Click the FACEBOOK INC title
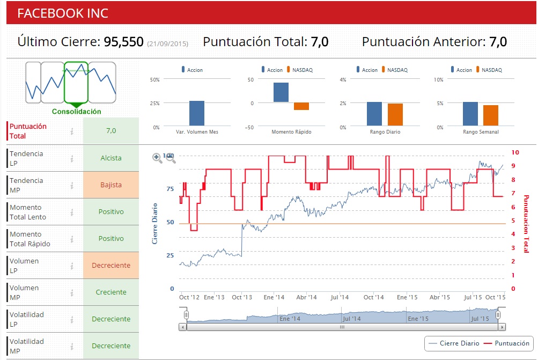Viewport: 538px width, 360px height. (x=63, y=13)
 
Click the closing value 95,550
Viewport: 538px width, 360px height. (x=123, y=42)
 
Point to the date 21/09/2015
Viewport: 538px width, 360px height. (x=167, y=43)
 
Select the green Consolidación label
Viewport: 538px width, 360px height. (x=76, y=112)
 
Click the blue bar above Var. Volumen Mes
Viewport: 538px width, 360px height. (x=197, y=113)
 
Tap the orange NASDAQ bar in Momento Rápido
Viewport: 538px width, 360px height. (x=301, y=106)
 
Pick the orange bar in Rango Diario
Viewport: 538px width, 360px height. (x=395, y=114)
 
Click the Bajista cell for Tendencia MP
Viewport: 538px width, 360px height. (x=111, y=185)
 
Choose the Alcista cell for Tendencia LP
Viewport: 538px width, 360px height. (x=111, y=158)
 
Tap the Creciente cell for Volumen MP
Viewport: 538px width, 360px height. (x=111, y=292)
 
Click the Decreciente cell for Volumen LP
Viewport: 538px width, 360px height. (x=111, y=266)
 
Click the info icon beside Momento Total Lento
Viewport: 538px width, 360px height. (x=71, y=212)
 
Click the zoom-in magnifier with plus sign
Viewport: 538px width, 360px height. (x=157, y=158)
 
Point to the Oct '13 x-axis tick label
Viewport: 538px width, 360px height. (x=242, y=297)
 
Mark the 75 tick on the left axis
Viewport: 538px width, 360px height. (x=170, y=189)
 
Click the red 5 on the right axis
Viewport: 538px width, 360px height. (x=514, y=221)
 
